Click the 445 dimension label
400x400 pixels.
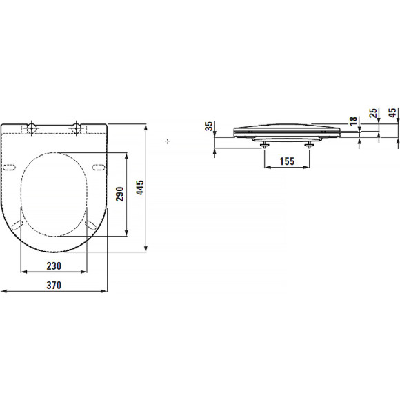(140, 189)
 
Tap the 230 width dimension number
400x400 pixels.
(54, 266)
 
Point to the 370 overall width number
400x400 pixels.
(54, 286)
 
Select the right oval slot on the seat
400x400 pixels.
(97, 168)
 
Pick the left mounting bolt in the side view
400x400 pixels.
(265, 143)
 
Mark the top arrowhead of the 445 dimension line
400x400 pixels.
(146, 127)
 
